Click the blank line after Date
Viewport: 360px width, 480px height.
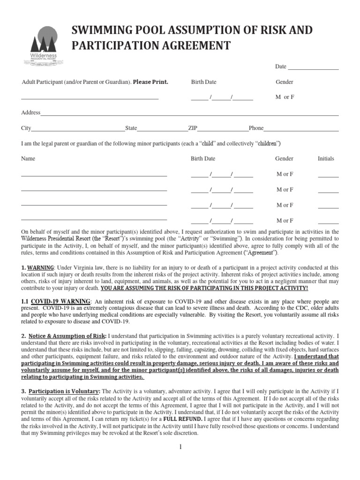(313, 69)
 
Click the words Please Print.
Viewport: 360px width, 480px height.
(150, 82)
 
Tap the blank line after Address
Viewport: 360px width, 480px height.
(189, 115)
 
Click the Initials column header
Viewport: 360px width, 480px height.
(326, 158)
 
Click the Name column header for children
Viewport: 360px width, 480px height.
(28, 158)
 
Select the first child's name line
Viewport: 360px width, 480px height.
(94, 176)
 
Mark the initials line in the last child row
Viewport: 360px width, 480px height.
(328, 223)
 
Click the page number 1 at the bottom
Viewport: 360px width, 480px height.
(180, 447)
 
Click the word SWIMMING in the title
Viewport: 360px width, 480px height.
(98, 31)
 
